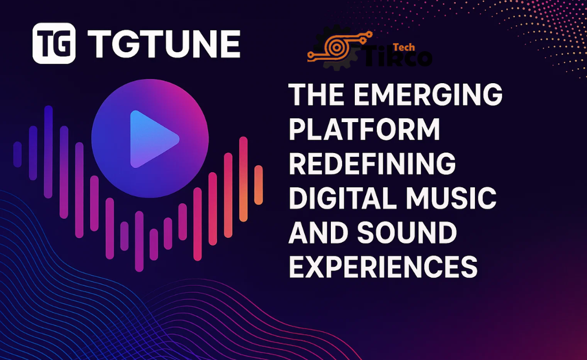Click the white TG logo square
54,43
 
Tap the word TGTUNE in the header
164,44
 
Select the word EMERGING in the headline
428,95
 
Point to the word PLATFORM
364,129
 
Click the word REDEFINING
372,164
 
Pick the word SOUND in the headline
407,232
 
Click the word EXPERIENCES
383,267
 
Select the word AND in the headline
318,232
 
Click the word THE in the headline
316,94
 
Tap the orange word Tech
404,47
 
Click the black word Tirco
398,56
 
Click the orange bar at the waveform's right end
258,185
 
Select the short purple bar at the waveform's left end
18,154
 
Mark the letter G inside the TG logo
64,44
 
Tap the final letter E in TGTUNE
228,44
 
